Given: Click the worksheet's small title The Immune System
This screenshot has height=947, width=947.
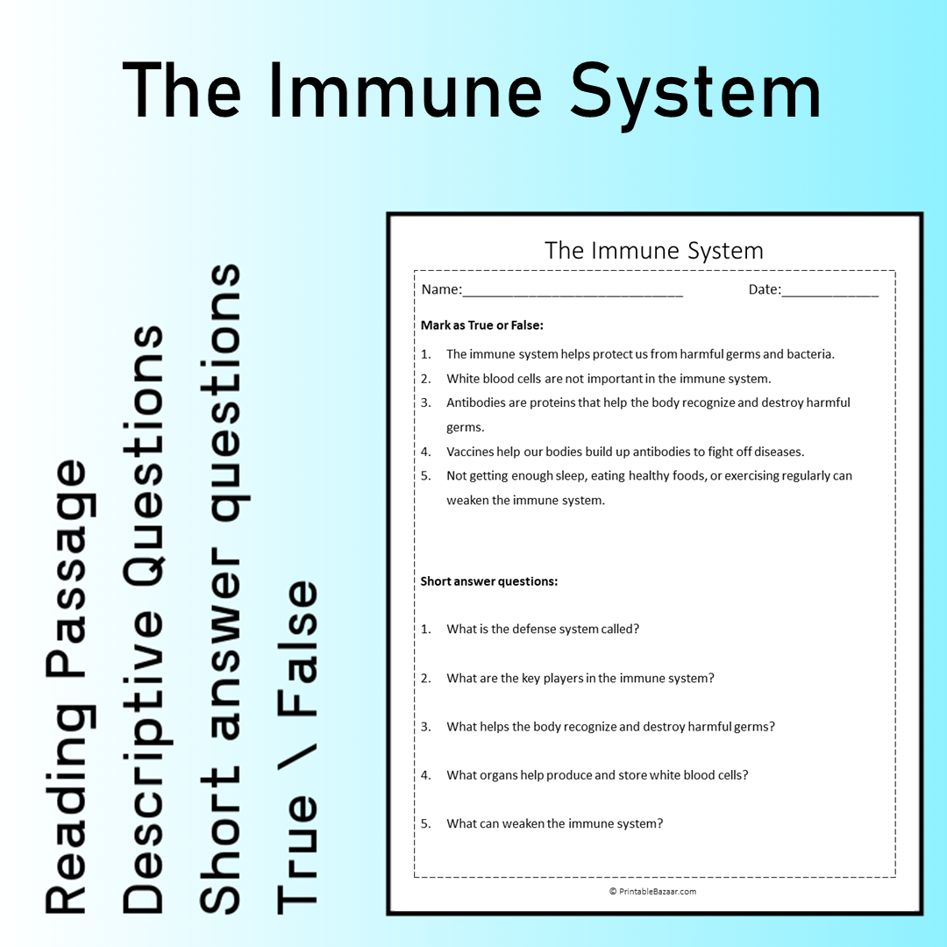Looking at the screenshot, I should click(653, 251).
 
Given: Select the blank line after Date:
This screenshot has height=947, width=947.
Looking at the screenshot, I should click(830, 292).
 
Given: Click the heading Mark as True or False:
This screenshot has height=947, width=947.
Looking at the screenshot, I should click(481, 325).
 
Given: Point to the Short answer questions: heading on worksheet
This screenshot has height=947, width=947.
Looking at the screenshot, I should click(488, 581).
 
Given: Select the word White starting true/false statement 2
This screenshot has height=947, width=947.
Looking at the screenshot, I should click(463, 380).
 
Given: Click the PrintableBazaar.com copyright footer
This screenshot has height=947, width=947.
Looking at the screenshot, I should click(652, 892).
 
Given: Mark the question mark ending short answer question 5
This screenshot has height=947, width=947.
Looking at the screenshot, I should click(659, 824).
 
